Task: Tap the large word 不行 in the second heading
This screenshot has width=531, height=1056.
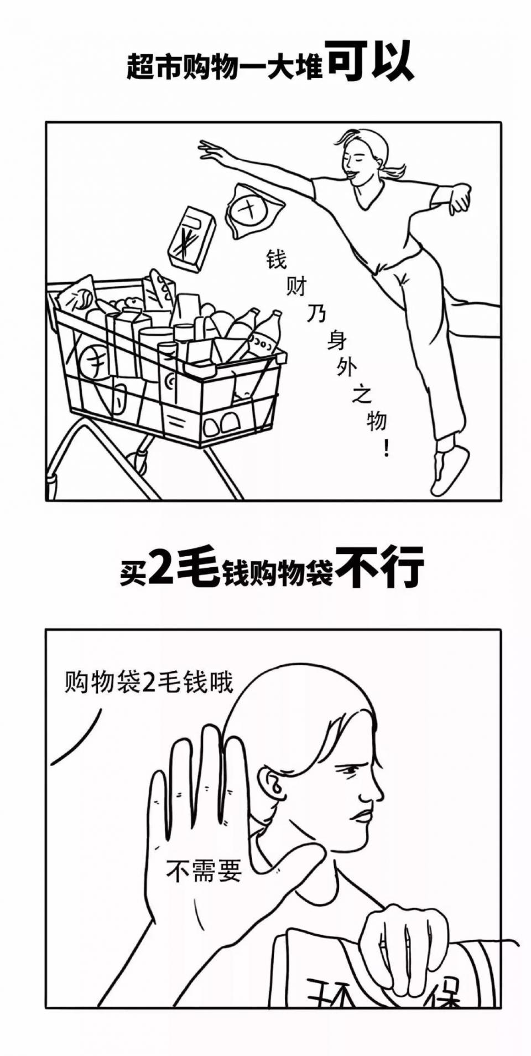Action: [x=381, y=567]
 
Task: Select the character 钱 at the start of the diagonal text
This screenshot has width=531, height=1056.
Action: [x=277, y=259]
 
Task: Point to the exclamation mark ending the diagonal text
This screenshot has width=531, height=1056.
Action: [x=386, y=447]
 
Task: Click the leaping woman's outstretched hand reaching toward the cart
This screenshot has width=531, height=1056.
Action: [x=211, y=149]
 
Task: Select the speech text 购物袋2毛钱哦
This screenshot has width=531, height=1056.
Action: [x=148, y=682]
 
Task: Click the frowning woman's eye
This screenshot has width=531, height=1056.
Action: [x=349, y=770]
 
